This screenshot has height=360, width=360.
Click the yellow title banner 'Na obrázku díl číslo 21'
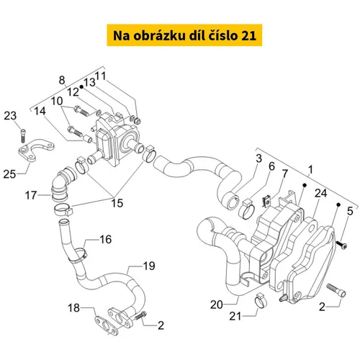pyautogui.click(x=184, y=35)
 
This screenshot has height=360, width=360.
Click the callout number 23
pyautogui.click(x=10, y=116)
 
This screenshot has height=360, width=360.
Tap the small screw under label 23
pyautogui.click(x=23, y=136)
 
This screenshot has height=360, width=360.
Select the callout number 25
pyautogui.click(x=9, y=174)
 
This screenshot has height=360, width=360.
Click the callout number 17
pyautogui.click(x=31, y=195)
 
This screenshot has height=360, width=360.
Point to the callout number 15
pyautogui.click(x=117, y=203)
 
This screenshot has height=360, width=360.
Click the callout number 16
pyautogui.click(x=106, y=239)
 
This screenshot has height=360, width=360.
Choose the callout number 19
pyautogui.click(x=149, y=266)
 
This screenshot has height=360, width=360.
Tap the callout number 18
pyautogui.click(x=73, y=308)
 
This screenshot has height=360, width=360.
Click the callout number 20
pyautogui.click(x=217, y=305)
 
